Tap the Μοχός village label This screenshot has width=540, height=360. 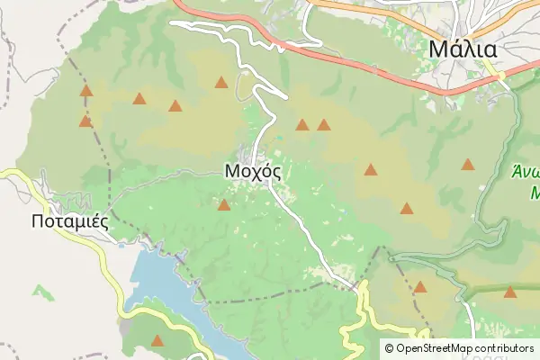pos(253,171)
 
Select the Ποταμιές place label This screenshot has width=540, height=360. pos(69,220)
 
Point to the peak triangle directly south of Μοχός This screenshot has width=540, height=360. pos(224,205)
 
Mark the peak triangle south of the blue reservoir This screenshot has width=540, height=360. pos(158,340)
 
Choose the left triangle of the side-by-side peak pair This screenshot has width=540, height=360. pos(302,125)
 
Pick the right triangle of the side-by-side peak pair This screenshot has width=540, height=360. pos(323,125)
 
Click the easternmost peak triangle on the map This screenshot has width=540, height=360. pos(510,292)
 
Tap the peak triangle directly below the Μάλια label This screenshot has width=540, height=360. pos(468,165)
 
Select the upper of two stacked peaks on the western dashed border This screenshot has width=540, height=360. pos(86,91)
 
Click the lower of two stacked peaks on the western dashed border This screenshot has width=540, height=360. pos(85,121)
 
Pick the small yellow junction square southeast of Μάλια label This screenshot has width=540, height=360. pos(501,77)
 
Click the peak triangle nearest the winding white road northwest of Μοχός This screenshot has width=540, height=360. pos(221,83)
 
